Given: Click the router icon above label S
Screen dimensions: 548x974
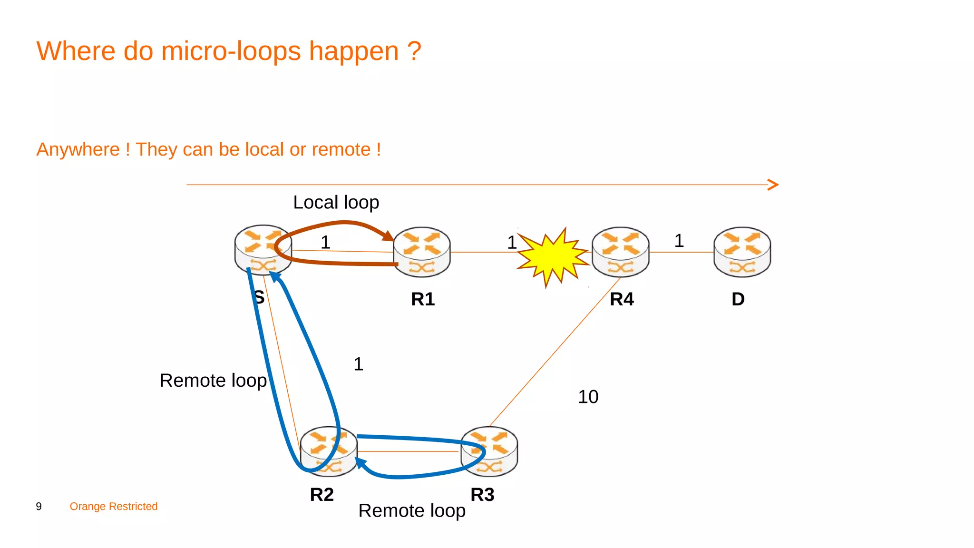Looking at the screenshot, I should pyautogui.click(x=263, y=250).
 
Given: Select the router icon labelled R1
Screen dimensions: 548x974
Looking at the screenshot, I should pyautogui.click(x=422, y=252).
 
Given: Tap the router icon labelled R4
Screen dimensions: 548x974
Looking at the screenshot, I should pyautogui.click(x=620, y=252).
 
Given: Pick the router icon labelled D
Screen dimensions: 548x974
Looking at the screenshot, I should pyautogui.click(x=742, y=252).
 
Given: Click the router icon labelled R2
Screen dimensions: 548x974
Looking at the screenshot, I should pyautogui.click(x=329, y=451).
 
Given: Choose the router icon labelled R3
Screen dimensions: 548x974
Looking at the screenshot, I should pyautogui.click(x=489, y=451).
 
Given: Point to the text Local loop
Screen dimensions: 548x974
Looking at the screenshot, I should pyautogui.click(x=336, y=203).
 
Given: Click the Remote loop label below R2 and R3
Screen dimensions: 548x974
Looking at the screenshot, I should pyautogui.click(x=412, y=511).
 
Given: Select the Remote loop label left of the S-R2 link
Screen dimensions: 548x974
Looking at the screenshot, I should pyautogui.click(x=213, y=381).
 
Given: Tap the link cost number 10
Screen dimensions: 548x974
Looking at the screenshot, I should pyautogui.click(x=588, y=397).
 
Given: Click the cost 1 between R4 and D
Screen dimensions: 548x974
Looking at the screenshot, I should pyautogui.click(x=679, y=241).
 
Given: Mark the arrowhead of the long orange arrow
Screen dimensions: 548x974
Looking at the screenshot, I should pyautogui.click(x=774, y=185).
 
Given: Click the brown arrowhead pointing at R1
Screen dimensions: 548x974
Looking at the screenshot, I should pyautogui.click(x=388, y=235).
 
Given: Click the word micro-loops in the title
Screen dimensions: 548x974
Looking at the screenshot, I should pyautogui.click(x=231, y=51).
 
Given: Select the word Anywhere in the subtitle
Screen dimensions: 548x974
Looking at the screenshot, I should pyautogui.click(x=78, y=149).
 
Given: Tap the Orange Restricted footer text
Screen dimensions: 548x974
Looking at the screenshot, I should pyautogui.click(x=114, y=506).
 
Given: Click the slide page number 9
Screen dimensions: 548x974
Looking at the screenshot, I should pyautogui.click(x=39, y=506).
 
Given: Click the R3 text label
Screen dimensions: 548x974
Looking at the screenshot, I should pyautogui.click(x=482, y=495).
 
